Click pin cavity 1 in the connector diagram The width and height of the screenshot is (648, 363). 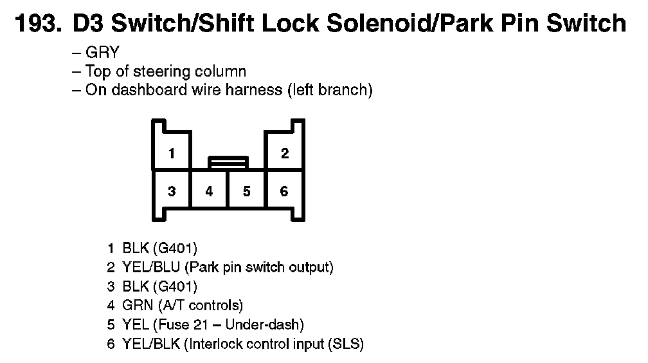172,153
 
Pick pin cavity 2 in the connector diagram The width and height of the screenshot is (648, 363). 285,153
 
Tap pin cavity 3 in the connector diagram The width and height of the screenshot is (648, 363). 172,191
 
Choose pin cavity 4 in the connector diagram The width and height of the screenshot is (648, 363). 210,191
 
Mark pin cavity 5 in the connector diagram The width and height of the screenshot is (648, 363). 247,191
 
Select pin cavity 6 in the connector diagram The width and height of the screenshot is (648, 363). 285,191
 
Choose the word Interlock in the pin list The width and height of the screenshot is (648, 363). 213,344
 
